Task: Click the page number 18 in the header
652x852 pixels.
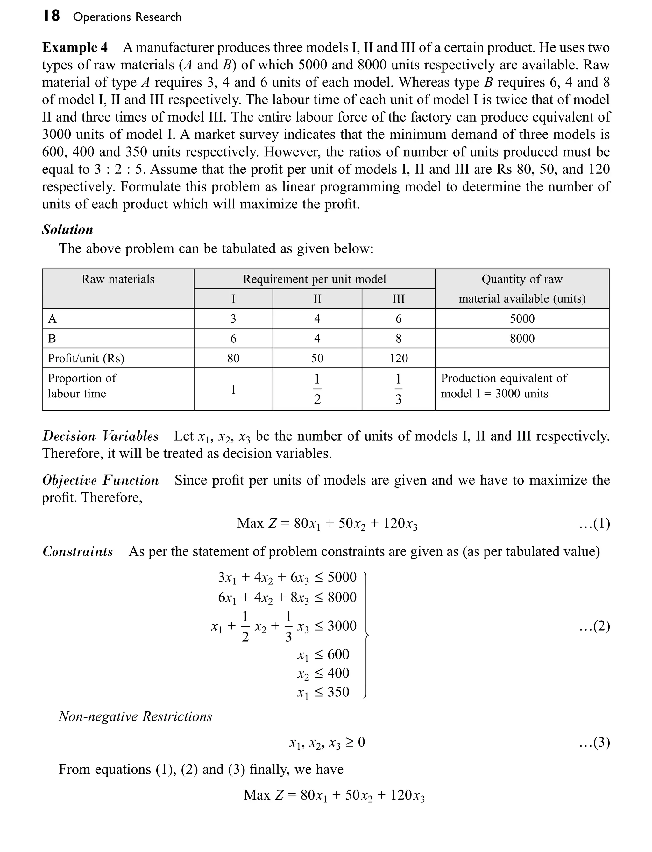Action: tap(51, 16)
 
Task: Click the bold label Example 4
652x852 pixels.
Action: tap(74, 48)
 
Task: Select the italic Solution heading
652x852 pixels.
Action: tap(67, 230)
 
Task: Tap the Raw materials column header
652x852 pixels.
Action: tap(118, 279)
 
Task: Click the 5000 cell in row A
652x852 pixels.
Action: tap(522, 319)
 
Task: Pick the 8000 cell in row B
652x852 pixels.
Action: tap(522, 339)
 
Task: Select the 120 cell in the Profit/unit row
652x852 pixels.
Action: tap(399, 358)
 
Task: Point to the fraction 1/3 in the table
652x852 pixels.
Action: tap(398, 389)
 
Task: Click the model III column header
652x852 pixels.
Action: tap(399, 299)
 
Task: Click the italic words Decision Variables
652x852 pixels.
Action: tap(101, 436)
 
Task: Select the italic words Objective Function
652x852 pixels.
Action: tap(101, 480)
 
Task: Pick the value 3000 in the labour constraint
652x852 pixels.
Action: tap(342, 626)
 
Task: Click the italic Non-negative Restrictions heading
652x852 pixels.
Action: tap(135, 716)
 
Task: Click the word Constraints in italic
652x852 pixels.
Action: tap(78, 551)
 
